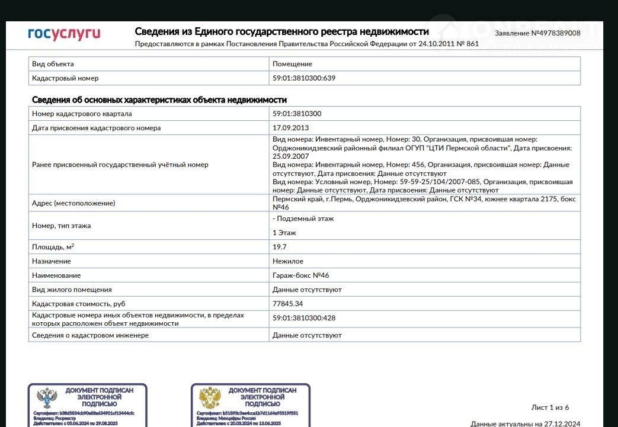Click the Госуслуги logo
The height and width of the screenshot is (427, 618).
[64, 33]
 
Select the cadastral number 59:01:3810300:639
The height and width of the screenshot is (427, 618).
[304, 78]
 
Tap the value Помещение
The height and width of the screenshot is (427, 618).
[292, 64]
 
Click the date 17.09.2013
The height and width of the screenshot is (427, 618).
[290, 128]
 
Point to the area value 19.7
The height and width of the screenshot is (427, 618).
[280, 247]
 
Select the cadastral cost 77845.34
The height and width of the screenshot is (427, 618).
[288, 304]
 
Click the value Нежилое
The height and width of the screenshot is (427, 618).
[288, 261]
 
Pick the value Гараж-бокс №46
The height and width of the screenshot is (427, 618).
[301, 275]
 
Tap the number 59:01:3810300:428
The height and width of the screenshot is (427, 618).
[304, 319]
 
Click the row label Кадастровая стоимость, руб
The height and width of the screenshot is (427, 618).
[79, 304]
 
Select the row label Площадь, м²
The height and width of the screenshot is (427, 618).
[53, 247]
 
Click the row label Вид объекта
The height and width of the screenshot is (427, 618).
[53, 64]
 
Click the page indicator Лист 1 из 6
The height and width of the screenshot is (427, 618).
[550, 407]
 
